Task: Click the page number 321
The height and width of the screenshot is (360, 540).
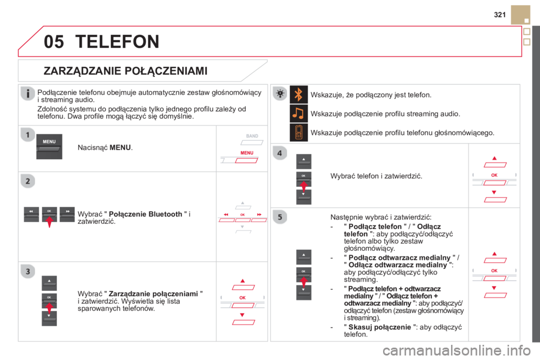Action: [499, 15]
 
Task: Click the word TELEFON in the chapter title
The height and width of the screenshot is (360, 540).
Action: [118, 42]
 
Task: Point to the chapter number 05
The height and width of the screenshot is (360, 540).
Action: [54, 42]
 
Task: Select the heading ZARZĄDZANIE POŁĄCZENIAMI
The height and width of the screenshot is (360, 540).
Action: [125, 71]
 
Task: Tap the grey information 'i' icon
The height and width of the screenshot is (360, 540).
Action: [28, 93]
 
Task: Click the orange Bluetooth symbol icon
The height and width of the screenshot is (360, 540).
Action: [299, 94]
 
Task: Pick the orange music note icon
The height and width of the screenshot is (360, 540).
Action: [299, 113]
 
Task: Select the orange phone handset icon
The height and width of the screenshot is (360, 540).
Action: [299, 132]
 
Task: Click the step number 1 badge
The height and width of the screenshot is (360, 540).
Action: [28, 134]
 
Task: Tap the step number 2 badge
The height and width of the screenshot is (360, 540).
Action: [28, 181]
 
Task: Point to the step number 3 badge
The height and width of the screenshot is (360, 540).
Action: [28, 272]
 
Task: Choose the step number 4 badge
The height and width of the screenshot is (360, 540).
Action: [280, 153]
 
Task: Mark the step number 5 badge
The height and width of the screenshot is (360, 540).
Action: [280, 217]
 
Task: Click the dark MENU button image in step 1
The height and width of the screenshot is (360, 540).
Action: [49, 146]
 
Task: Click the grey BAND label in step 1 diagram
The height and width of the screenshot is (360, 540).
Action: [252, 136]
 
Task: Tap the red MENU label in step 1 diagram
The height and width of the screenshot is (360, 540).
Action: [247, 152]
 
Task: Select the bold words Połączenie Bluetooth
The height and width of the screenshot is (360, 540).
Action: [145, 214]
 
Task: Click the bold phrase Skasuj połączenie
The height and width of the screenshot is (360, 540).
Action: [380, 327]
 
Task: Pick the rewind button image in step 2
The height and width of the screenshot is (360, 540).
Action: [31, 214]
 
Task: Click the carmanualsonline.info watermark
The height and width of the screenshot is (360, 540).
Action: [457, 350]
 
